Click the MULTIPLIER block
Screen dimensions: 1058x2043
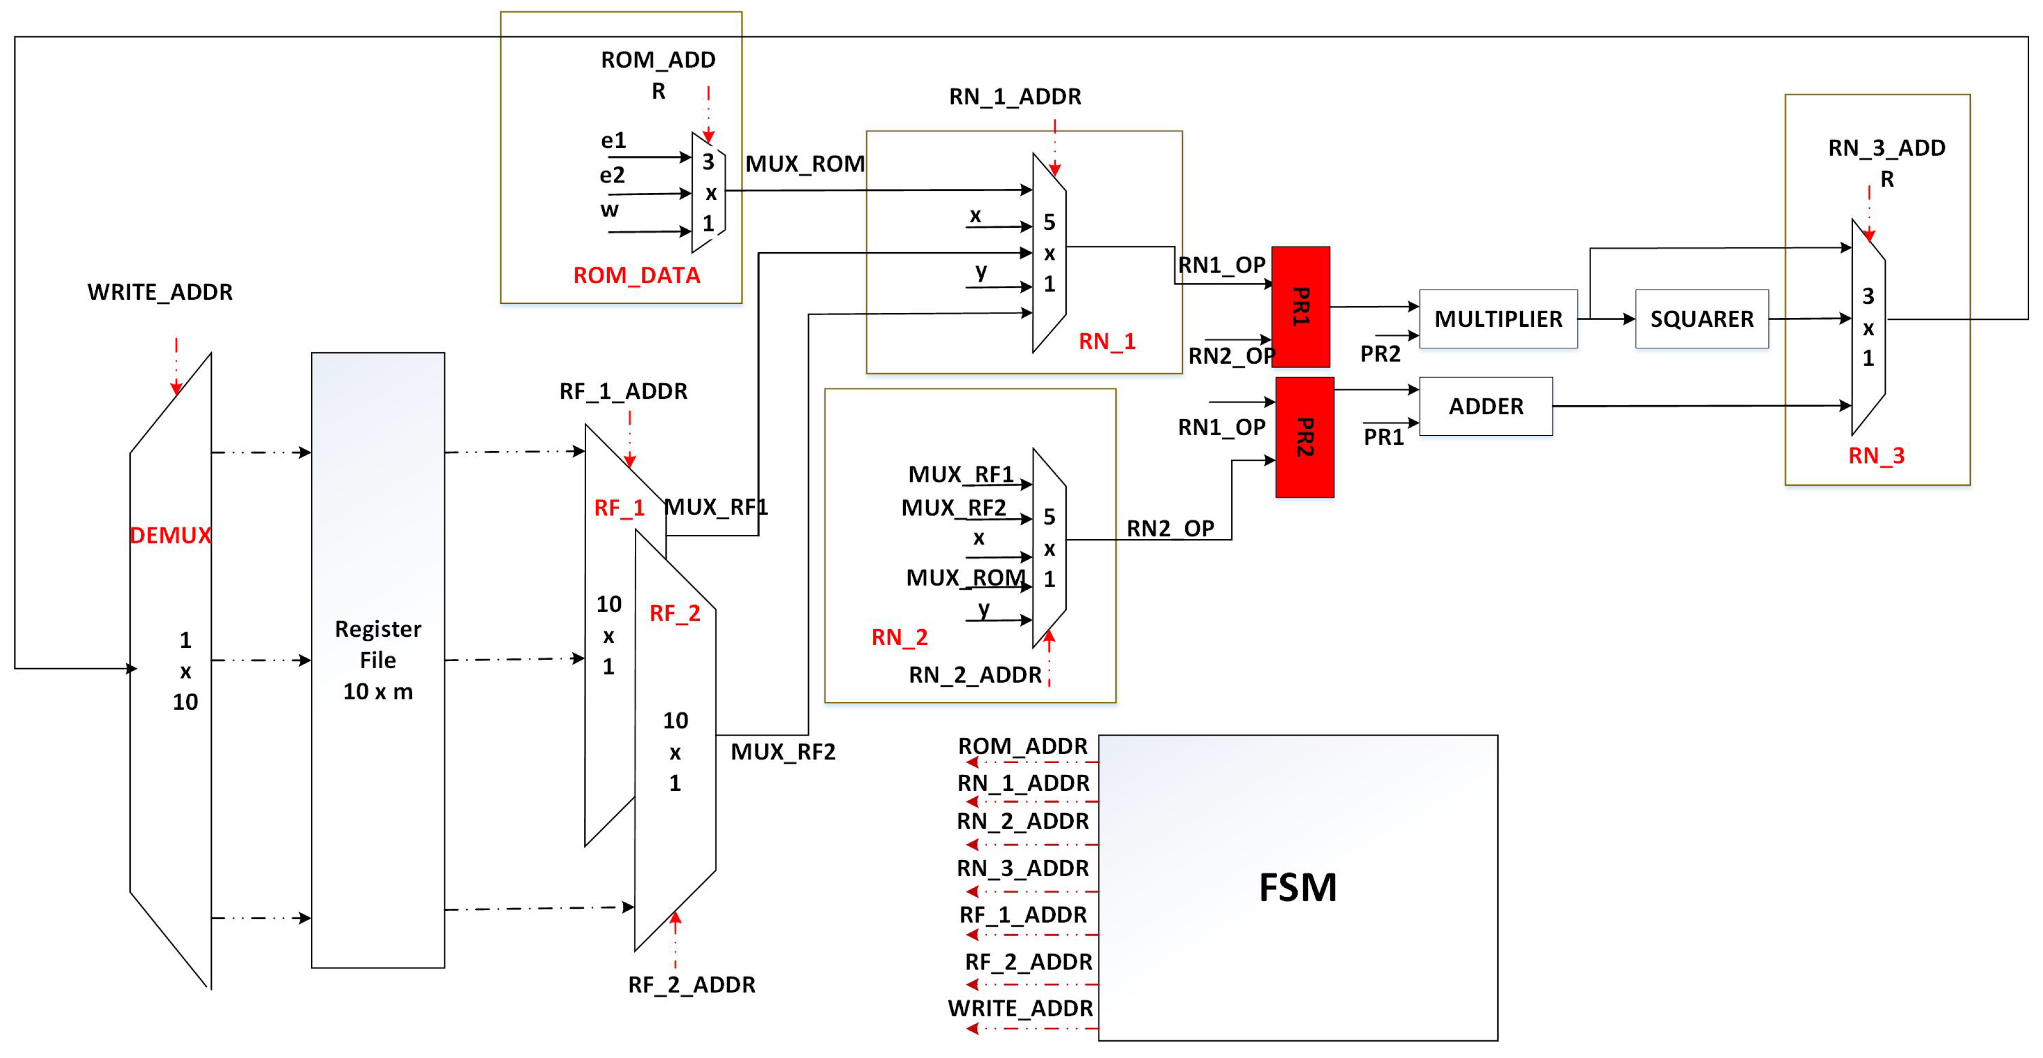(x=1497, y=319)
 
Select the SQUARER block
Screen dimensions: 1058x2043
(x=1701, y=319)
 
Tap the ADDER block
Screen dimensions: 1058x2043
(x=1486, y=406)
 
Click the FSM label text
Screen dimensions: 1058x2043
(x=1297, y=887)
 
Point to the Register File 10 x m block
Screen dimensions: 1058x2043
(x=378, y=660)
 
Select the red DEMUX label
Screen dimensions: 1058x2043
(x=171, y=535)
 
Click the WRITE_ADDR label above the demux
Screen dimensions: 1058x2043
(x=160, y=292)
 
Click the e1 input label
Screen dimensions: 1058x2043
(x=613, y=140)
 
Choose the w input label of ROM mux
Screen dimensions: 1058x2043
(x=609, y=210)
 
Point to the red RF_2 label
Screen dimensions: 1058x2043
(x=675, y=613)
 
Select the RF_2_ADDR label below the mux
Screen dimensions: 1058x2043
(x=691, y=984)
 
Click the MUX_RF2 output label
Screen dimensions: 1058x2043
(x=783, y=751)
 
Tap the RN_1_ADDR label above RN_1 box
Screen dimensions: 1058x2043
(x=1015, y=97)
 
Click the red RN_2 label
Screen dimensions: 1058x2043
(x=899, y=637)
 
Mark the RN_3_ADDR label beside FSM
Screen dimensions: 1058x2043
(x=1022, y=868)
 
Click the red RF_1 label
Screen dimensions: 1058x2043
(x=619, y=508)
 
